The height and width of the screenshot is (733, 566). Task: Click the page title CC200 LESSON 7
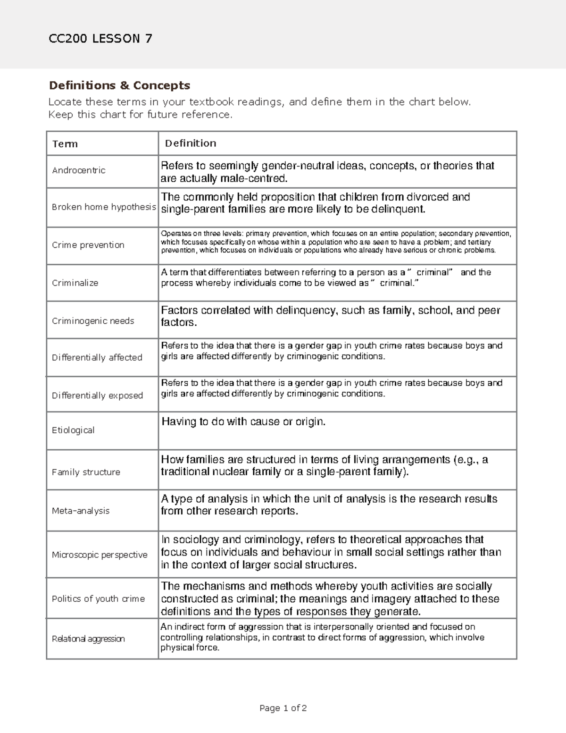pos(100,39)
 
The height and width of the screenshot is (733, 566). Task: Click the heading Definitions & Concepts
pos(119,85)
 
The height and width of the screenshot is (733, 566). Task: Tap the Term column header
pos(65,144)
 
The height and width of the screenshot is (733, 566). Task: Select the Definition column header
pos(191,143)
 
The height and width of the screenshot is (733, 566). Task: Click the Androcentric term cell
pos(79,170)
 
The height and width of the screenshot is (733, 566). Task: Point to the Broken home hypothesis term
pos(104,207)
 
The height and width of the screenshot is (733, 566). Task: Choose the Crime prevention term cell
pos(88,245)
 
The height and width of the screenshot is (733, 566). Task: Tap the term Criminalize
pos(75,283)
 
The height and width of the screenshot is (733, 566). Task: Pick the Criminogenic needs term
pos(93,321)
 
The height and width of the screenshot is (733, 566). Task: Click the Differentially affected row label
pos(97,358)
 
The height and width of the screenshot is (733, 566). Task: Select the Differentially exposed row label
pos(97,396)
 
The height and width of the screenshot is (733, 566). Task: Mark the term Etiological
pos(73,430)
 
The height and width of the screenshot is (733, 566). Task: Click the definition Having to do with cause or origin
pos(243,422)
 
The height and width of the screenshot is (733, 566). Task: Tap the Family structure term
pos(86,472)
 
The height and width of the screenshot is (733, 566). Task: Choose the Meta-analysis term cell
pos(81,511)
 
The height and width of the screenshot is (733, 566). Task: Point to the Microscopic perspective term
pos(100,555)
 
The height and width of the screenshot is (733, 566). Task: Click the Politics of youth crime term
pos(98,599)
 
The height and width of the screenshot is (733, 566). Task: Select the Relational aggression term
pos(88,639)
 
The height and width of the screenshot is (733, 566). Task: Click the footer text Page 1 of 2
pos(283,708)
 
